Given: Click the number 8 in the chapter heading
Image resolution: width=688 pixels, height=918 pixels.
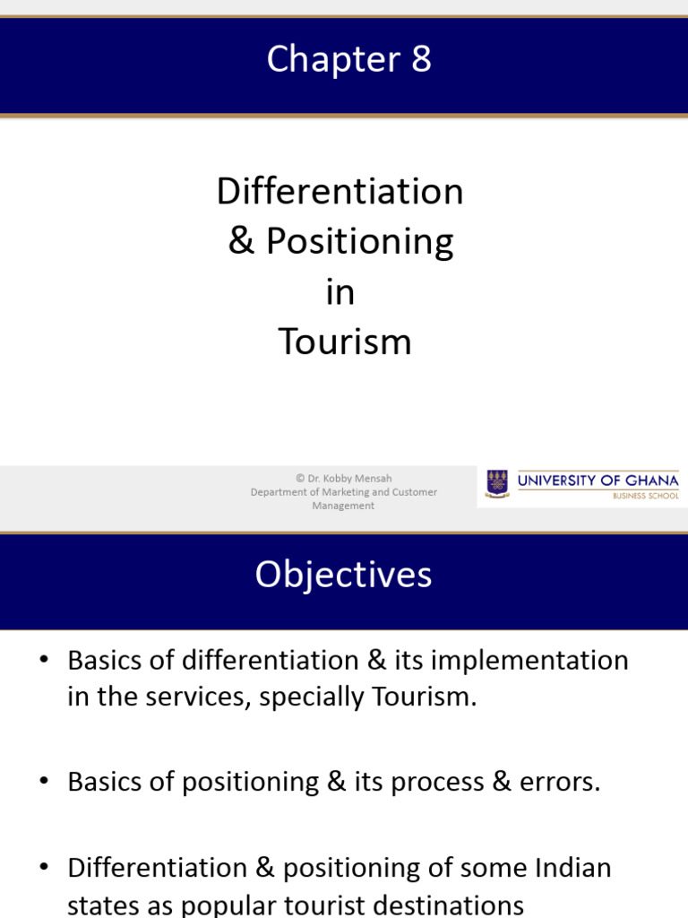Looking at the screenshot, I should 421,60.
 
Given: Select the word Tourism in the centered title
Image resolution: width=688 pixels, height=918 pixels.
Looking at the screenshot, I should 344,342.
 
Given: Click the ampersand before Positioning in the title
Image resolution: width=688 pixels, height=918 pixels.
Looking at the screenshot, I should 240,241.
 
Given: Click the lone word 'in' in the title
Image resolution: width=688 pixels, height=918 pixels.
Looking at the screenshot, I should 340,291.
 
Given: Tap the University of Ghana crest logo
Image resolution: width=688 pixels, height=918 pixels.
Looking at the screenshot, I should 496,484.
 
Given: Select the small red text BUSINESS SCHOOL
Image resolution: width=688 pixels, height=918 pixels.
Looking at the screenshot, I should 645,496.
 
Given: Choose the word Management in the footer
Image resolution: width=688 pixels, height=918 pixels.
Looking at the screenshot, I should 343,506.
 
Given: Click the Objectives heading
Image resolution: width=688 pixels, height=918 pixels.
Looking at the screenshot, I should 343,575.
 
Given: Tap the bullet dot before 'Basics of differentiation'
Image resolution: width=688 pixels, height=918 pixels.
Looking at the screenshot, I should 44,662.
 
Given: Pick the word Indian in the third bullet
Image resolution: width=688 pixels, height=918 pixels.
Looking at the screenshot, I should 568,868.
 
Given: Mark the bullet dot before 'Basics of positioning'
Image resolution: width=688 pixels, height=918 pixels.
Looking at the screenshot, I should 44,782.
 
